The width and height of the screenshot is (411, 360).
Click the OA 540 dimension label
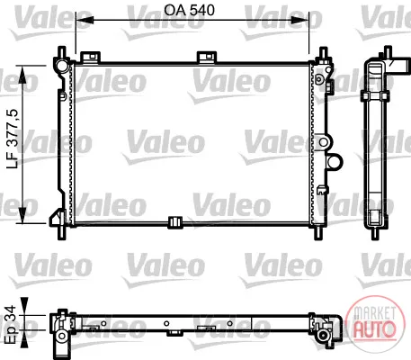(x=189, y=11)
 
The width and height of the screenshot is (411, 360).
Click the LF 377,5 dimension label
(x=13, y=139)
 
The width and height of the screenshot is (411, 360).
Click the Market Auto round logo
(x=374, y=322)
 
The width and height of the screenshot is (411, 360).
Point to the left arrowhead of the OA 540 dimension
(x=85, y=20)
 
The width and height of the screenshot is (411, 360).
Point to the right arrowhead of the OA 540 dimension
(x=299, y=20)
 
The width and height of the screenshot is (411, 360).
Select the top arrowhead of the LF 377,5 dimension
(x=22, y=75)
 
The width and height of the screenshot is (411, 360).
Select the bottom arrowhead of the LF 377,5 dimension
(x=22, y=214)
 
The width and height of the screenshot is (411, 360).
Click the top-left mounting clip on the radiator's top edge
(x=90, y=58)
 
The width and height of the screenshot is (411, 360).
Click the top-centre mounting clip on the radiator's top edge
(x=207, y=58)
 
